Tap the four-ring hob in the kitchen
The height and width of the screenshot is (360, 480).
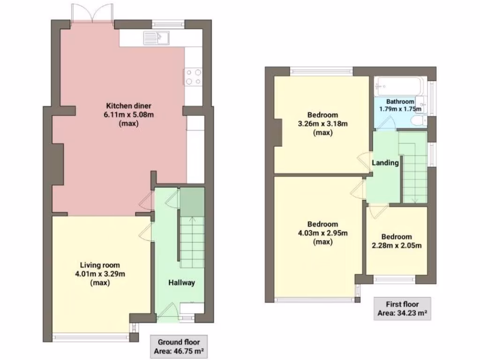194,77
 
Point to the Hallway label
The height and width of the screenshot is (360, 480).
181,283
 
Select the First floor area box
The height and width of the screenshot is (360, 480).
403,309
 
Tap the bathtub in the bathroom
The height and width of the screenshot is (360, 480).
399,86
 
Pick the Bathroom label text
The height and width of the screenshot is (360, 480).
400,101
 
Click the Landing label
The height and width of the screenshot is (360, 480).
385,163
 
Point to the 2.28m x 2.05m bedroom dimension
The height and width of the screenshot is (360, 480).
396,246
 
